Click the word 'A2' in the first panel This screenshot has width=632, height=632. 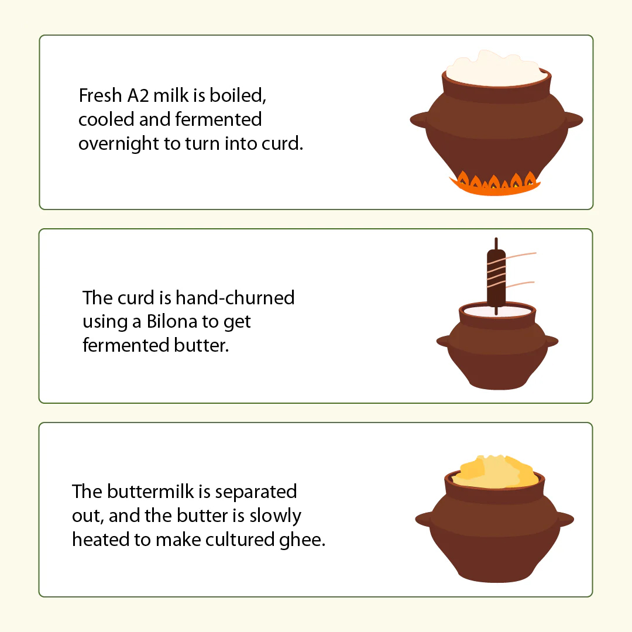tap(138, 96)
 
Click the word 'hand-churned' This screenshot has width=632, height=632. tap(235, 298)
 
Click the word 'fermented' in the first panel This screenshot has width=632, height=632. tap(218, 120)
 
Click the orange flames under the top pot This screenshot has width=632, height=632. tap(496, 184)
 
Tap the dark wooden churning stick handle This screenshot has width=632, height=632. tap(496, 277)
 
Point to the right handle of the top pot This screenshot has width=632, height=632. tap(573, 120)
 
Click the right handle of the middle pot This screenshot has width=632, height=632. tap(551, 341)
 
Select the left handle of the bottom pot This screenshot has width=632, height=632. tap(424, 519)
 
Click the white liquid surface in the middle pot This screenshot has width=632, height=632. tap(497, 311)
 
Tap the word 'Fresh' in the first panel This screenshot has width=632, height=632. tap(101, 96)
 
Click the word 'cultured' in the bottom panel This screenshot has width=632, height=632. tap(241, 540)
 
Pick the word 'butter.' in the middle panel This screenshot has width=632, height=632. tap(201, 345)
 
